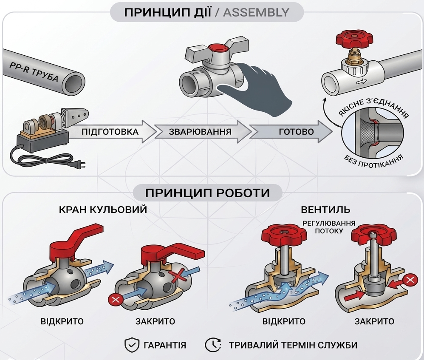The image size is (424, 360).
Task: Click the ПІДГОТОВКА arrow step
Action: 110,132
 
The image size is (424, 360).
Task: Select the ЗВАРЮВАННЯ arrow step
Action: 200,132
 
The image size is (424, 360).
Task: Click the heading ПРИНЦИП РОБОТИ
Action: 207,193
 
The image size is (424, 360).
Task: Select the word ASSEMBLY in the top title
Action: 256,12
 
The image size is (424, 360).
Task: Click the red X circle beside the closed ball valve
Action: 115,299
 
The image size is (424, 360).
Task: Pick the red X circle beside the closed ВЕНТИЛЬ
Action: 409,280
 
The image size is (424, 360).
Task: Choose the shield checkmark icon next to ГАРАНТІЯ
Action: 132,345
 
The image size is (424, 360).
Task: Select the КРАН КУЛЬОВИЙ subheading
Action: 103,210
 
